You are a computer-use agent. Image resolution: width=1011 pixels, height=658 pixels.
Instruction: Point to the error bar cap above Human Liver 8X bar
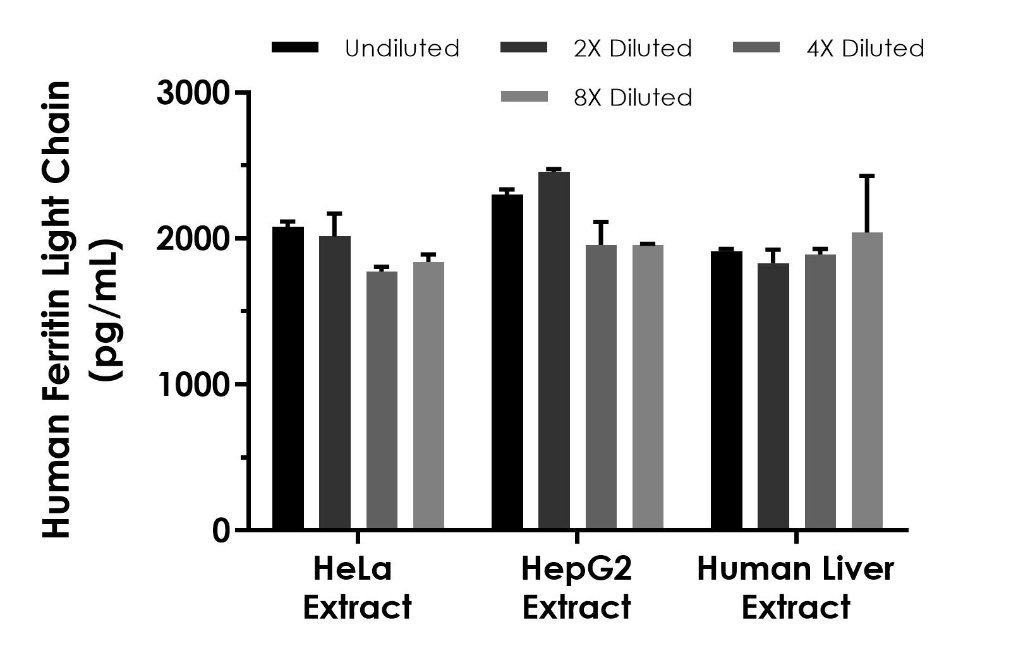click(x=867, y=176)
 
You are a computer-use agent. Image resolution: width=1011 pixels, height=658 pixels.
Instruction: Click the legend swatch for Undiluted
click(x=295, y=48)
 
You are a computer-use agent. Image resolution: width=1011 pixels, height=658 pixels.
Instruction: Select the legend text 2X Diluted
click(x=633, y=49)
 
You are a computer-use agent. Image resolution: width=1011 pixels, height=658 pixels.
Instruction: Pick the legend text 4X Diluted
click(x=865, y=49)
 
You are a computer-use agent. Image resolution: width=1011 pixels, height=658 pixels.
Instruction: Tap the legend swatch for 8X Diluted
click(x=524, y=97)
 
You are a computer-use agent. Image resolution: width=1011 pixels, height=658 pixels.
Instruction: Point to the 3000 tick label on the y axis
click(x=193, y=93)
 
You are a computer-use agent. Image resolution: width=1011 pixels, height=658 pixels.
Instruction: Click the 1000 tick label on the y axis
click(x=193, y=385)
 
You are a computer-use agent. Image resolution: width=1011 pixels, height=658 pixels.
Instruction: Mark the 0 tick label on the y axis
click(x=221, y=531)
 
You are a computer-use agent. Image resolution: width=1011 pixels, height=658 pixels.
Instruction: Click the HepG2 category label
click(x=576, y=569)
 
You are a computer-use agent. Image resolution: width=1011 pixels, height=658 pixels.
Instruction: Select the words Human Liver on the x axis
click(x=796, y=569)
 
